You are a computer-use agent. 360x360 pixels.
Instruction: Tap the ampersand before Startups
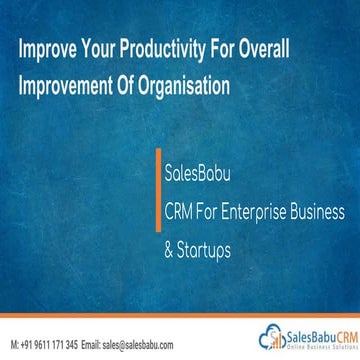point(168,244)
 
